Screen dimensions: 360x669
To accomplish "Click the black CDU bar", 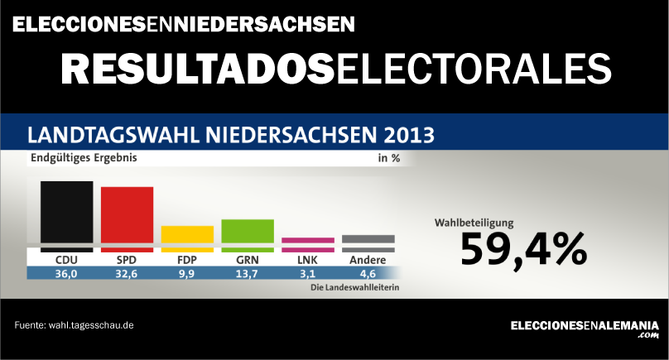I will pyautogui.click(x=66, y=215).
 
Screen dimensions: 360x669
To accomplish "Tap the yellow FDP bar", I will pyautogui.click(x=187, y=238).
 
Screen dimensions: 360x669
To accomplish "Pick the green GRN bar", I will pyautogui.click(x=248, y=234).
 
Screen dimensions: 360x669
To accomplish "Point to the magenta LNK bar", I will pyautogui.click(x=308, y=244).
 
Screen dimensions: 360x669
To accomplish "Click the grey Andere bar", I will pyautogui.click(x=368, y=242).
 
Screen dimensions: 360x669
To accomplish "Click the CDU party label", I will pyautogui.click(x=66, y=260).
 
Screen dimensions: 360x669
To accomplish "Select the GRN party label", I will pyautogui.click(x=248, y=260).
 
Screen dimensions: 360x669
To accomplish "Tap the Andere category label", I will pyautogui.click(x=368, y=260).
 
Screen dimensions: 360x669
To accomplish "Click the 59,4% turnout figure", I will pyautogui.click(x=523, y=248).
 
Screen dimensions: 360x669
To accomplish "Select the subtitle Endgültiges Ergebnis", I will pyautogui.click(x=84, y=157).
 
